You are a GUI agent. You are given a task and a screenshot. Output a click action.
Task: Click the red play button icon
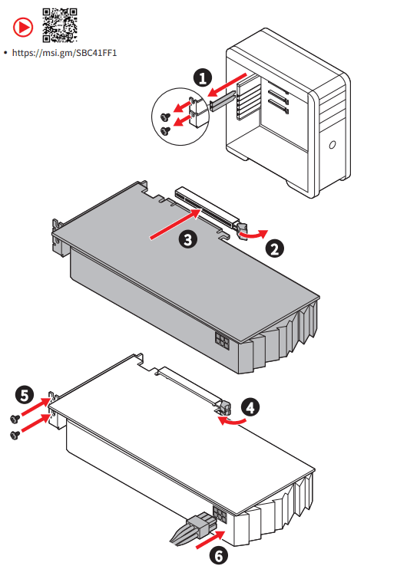coord(23,27)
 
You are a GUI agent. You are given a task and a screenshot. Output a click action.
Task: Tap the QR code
coord(60,25)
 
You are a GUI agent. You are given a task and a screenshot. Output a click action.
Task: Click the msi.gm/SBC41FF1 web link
coord(65,53)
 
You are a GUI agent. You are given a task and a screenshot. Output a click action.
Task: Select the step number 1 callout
coord(203,78)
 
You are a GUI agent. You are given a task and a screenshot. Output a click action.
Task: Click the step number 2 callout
coord(275,248)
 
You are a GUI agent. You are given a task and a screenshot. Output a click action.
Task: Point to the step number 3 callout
coord(188,239)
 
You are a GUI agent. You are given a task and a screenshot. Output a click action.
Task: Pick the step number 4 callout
coord(250,408)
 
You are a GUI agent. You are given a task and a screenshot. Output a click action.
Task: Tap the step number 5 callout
coord(25,395)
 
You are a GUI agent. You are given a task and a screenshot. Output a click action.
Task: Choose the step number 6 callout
coord(218,556)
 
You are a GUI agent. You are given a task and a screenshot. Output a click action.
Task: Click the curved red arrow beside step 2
coord(253,235)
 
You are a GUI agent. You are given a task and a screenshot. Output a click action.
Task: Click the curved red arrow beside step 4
coord(231,420)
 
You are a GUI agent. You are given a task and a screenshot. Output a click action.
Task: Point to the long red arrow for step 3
coord(176,224)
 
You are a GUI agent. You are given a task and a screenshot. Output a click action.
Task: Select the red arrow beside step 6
coord(210,539)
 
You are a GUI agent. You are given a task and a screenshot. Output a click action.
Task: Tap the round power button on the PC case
coord(332,144)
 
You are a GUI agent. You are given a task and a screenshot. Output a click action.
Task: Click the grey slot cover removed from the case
coord(222,100)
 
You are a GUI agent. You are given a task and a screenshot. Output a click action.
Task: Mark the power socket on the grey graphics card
coord(222,340)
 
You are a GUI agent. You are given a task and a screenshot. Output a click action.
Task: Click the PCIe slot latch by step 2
coord(241,229)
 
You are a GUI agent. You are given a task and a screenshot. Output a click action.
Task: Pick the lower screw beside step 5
coord(15,435)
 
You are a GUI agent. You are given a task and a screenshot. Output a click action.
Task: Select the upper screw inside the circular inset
coord(165,117)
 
